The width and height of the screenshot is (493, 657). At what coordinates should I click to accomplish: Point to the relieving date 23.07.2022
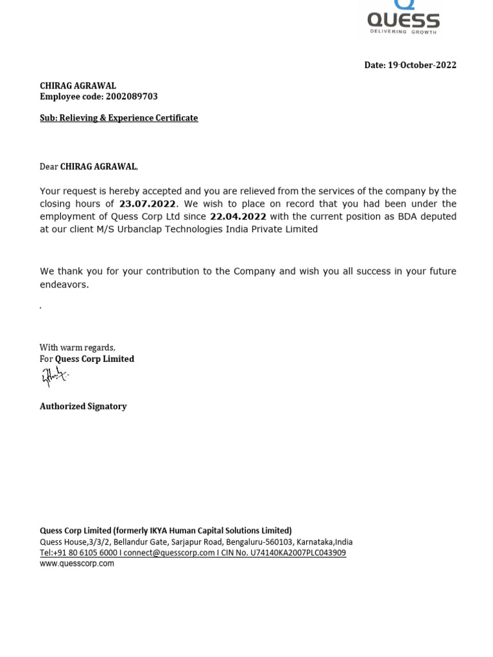pyautogui.click(x=147, y=204)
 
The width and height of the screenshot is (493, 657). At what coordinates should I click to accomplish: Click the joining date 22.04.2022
pyautogui.click(x=238, y=217)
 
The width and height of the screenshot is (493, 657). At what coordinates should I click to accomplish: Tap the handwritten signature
pyautogui.click(x=54, y=377)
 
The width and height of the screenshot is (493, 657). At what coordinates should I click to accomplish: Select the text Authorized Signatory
pyautogui.click(x=83, y=407)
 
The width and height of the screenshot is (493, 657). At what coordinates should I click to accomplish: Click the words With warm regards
pyautogui.click(x=77, y=348)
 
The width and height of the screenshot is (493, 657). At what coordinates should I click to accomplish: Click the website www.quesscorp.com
pyautogui.click(x=76, y=564)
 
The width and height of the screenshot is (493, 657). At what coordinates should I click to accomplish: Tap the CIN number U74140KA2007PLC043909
pyautogui.click(x=298, y=553)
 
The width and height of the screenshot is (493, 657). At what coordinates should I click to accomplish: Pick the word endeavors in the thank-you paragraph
pyautogui.click(x=64, y=284)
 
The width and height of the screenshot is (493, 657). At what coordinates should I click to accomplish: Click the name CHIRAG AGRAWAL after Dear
pyautogui.click(x=98, y=167)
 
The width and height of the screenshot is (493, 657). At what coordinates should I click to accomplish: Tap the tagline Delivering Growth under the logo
pyautogui.click(x=402, y=31)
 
